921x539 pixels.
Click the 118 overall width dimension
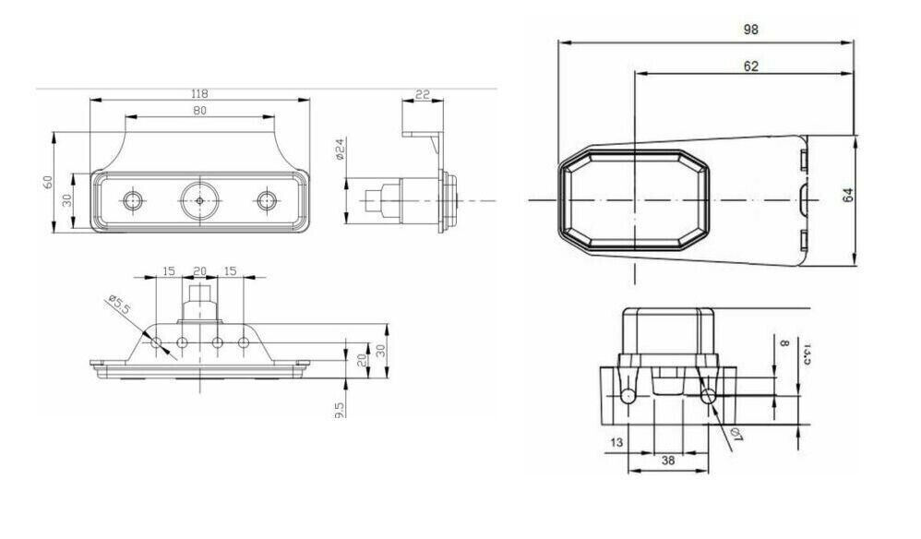(x=199, y=93)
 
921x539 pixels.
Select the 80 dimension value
(x=199, y=111)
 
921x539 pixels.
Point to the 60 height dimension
(x=48, y=182)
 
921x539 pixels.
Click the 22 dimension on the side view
(x=423, y=94)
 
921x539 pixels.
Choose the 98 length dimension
(x=750, y=30)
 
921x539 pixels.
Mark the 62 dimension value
(x=750, y=66)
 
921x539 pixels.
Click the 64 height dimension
(x=848, y=195)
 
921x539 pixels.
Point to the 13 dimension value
(x=616, y=443)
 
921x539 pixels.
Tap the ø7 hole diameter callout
(x=736, y=435)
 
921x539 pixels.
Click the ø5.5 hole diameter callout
(x=117, y=305)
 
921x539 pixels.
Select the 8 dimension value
(x=784, y=342)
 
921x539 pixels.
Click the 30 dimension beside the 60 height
(x=66, y=200)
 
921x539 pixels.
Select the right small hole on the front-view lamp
(x=268, y=199)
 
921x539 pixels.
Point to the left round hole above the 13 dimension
(x=628, y=396)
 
